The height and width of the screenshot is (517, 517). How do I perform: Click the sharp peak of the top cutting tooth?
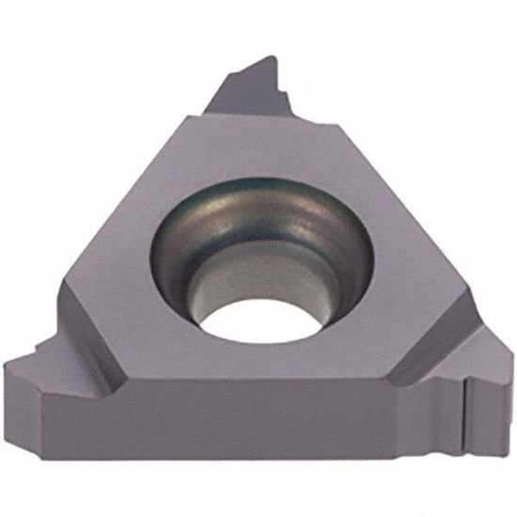pos(274,58)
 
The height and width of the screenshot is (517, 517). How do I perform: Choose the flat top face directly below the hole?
pos(254,367)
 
